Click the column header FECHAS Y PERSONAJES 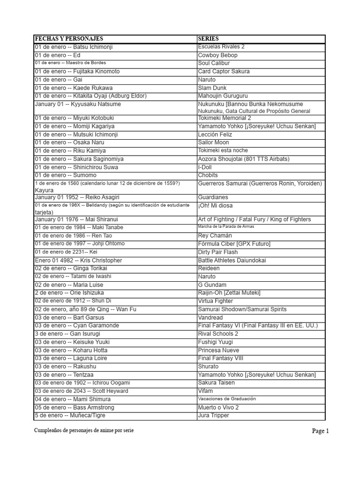coord(69,39)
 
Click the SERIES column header coord(208,39)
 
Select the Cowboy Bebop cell coord(217,55)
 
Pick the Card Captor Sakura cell coord(224,71)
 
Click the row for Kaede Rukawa coord(74,88)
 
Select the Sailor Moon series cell coord(213,142)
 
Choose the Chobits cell coord(208,175)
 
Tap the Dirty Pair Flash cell coord(217,252)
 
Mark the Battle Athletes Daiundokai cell coord(232,260)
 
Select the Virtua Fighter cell coord(215,301)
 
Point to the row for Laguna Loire coord(74,358)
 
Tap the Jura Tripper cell coord(213,415)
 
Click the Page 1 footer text coord(321,431)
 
